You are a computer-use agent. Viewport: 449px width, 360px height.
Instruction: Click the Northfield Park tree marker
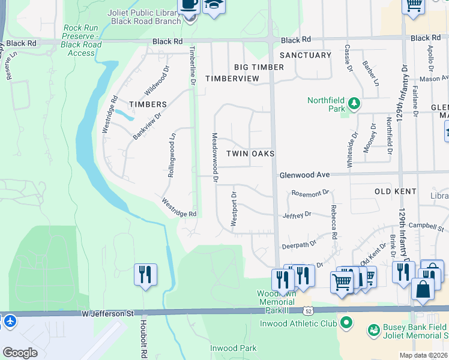(354, 104)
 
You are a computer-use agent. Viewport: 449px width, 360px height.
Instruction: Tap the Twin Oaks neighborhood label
(250, 154)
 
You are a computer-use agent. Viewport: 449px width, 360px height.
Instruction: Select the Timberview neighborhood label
(232, 79)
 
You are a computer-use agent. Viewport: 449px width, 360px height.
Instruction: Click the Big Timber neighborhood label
(259, 67)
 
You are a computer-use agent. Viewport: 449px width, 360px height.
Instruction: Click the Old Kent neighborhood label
(396, 191)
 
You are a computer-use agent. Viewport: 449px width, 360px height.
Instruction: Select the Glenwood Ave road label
(304, 175)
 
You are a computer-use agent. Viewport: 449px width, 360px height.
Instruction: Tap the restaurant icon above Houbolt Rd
(145, 275)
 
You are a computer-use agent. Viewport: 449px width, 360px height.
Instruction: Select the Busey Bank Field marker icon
(375, 330)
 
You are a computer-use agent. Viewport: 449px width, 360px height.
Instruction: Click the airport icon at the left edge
(8, 321)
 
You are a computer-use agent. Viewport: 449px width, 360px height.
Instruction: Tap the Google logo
(20, 353)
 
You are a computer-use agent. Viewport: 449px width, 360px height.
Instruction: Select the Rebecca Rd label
(334, 222)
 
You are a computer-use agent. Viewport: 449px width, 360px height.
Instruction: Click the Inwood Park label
(233, 348)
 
